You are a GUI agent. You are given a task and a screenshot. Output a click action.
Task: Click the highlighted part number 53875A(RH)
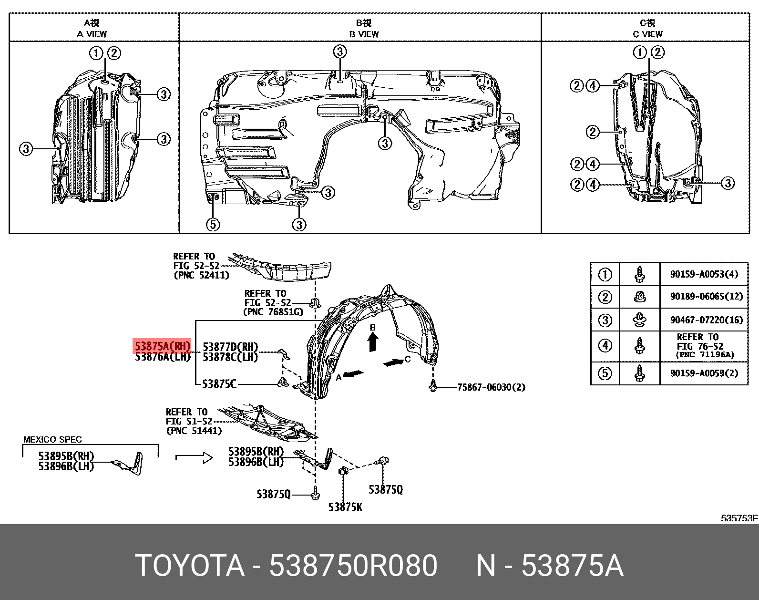click(162, 346)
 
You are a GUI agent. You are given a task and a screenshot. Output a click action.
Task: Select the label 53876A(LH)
click(162, 357)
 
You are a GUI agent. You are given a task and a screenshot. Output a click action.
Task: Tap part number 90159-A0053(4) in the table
click(704, 274)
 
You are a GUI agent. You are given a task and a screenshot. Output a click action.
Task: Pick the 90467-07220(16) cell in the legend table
click(706, 320)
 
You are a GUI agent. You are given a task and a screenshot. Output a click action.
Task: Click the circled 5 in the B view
click(213, 224)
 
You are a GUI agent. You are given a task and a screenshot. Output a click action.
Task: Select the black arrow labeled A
click(353, 374)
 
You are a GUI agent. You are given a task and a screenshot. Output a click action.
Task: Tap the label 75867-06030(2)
click(491, 387)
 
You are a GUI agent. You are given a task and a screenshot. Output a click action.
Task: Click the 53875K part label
click(345, 507)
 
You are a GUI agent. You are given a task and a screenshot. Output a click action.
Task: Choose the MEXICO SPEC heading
click(52, 440)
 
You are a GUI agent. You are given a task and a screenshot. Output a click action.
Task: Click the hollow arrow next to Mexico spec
click(194, 458)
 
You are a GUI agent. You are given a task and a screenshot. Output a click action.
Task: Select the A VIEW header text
click(92, 34)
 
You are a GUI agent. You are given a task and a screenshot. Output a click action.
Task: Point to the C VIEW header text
click(647, 34)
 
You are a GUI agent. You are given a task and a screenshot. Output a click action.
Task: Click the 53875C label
click(219, 384)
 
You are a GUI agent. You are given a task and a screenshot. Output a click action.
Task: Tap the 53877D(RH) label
click(230, 346)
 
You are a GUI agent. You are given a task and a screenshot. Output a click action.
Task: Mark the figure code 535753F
click(739, 518)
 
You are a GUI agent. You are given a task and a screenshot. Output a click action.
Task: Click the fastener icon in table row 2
click(639, 297)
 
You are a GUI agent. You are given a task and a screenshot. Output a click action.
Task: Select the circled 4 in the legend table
click(605, 345)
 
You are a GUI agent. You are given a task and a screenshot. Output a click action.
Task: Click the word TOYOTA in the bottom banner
click(190, 566)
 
